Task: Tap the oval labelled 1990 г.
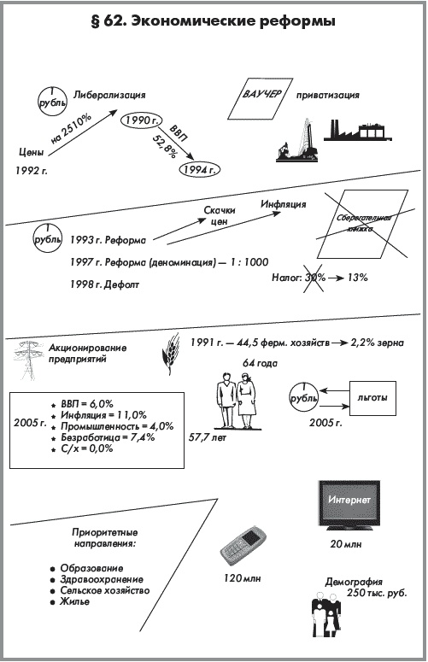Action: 141,120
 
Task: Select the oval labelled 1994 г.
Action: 200,170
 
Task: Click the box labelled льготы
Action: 372,398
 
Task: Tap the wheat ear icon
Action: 170,354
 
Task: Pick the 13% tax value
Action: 358,278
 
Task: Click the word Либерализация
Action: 109,95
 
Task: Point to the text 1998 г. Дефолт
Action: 105,284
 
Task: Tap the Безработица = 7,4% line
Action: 107,437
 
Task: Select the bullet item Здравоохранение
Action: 102,579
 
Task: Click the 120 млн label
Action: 243,578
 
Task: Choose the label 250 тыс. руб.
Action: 377,593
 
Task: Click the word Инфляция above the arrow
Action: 283,204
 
